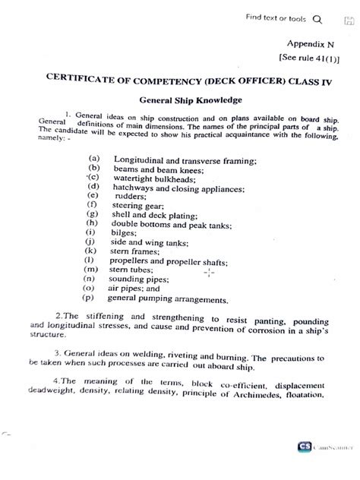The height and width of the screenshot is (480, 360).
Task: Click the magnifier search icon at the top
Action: (x=317, y=20)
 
